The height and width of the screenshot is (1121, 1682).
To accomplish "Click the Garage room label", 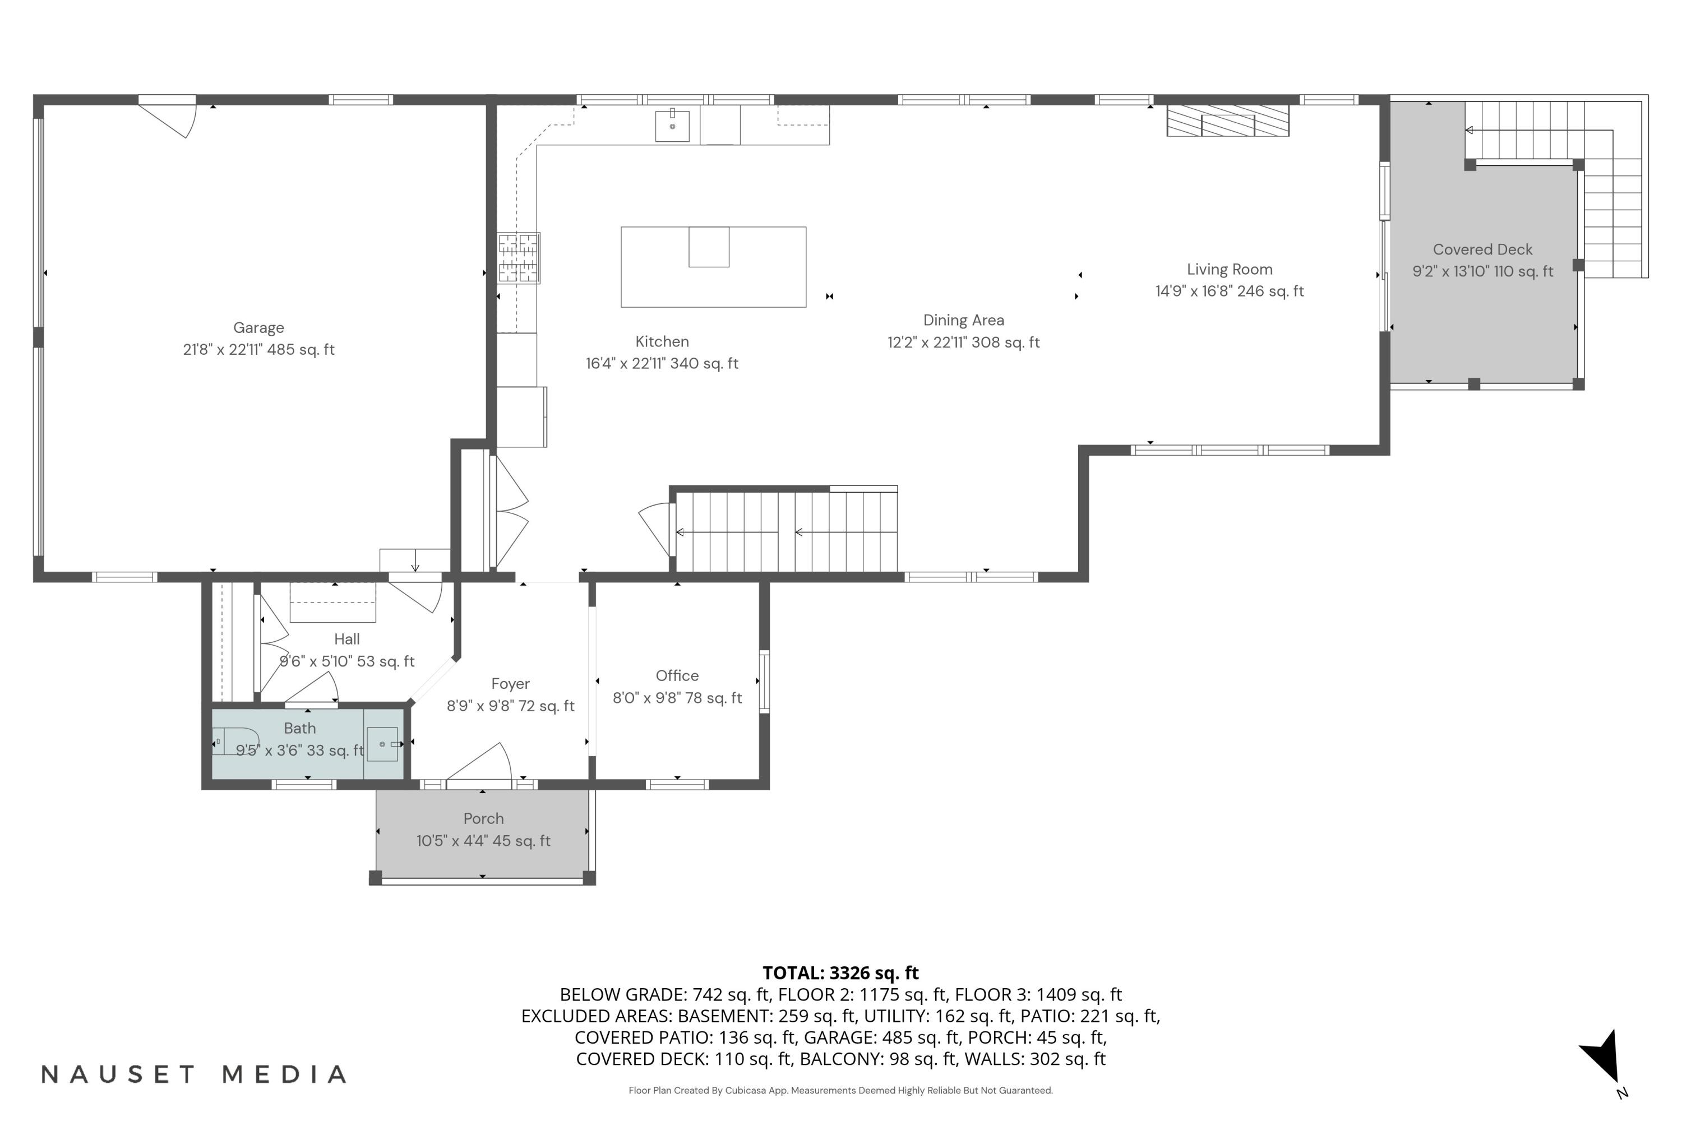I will [x=258, y=328].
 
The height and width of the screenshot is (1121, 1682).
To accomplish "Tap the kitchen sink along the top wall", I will [x=672, y=126].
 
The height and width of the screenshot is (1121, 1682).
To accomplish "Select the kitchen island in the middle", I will [x=713, y=267].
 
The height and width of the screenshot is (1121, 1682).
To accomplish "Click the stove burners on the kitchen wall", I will [x=519, y=258].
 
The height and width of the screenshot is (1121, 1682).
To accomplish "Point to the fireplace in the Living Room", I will [x=1227, y=121].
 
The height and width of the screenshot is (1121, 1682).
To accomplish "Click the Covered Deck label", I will [x=1482, y=249].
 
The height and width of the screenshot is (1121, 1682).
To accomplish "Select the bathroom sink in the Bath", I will [x=382, y=744].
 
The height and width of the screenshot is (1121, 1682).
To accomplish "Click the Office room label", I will [x=677, y=675].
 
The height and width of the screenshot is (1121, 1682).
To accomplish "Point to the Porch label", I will [x=483, y=818].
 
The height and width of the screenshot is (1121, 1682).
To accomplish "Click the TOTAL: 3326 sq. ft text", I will [x=840, y=972].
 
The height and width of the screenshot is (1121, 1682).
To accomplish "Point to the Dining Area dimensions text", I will [x=963, y=342].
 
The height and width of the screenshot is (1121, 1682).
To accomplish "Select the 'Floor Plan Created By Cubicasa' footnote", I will [x=840, y=1090].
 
